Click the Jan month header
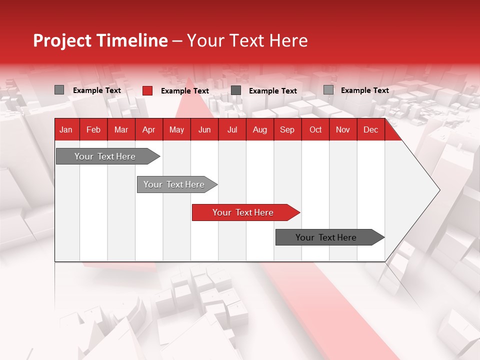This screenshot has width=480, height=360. (66, 129)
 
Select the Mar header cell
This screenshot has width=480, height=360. (121, 129)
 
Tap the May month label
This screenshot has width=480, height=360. (176, 129)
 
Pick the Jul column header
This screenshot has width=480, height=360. (232, 129)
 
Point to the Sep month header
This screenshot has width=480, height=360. (287, 129)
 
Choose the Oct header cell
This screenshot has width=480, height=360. (315, 129)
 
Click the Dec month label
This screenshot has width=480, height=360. (370, 129)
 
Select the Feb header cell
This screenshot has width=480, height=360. (93, 129)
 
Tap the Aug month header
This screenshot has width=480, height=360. (259, 129)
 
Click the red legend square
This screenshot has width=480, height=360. (147, 90)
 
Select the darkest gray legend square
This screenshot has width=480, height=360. (236, 90)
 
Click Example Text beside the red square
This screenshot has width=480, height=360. (184, 91)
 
